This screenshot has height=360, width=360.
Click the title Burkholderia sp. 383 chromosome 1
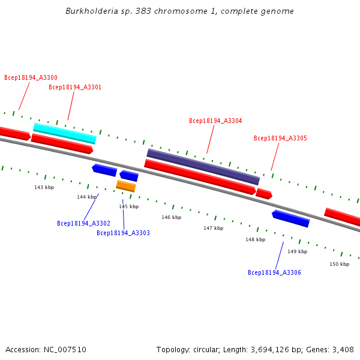coord(179,11)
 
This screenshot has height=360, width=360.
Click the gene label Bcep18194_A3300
coord(31,77)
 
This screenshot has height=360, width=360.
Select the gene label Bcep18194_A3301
coord(75,87)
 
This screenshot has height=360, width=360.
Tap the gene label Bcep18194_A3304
coord(215,121)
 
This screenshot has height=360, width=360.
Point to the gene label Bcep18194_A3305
coord(280,138)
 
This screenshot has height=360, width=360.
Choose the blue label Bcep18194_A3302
coord(83,223)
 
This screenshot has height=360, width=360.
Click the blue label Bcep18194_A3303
coord(123,233)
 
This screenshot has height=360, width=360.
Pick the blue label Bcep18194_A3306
coord(274,272)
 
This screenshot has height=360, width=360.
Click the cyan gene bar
coord(65,133)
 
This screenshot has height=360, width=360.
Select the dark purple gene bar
coord(203,166)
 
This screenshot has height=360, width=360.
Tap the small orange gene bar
coord(126,186)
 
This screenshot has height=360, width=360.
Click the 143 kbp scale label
coord(44,187)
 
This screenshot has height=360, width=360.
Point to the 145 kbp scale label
coord(128,206)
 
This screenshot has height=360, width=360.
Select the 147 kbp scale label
coord(213,228)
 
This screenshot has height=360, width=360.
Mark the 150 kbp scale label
coord(339,264)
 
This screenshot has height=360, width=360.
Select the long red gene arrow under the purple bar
coord(200,176)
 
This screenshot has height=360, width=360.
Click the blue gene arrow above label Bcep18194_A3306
coord(291,218)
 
